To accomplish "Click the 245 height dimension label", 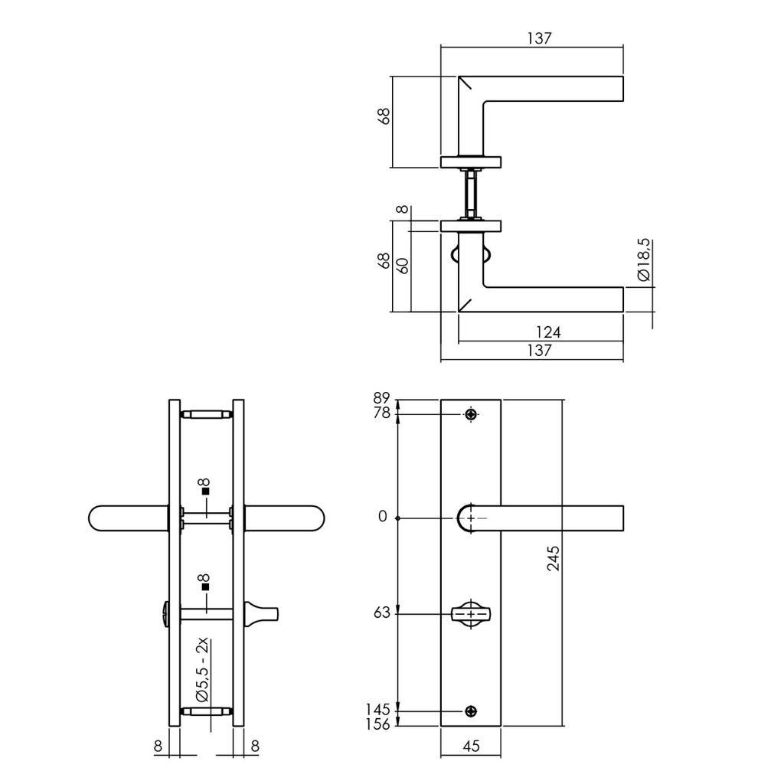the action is tap(553, 558).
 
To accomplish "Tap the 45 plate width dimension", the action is tap(471, 746).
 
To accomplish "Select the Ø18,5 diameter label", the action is tap(644, 260).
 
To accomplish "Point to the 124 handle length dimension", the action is tap(548, 332).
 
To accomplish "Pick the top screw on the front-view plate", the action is tap(471, 414).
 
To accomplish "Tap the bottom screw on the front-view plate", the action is tap(471, 711).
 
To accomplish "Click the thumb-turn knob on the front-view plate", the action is tap(471, 614).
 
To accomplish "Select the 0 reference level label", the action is tap(383, 517).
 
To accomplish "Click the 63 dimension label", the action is tap(381, 612).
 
